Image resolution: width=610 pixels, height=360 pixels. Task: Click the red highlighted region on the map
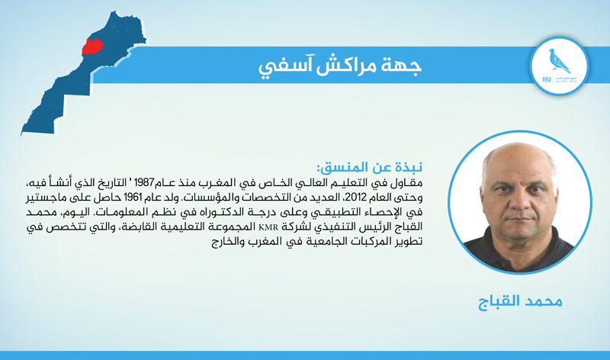coord(91,47)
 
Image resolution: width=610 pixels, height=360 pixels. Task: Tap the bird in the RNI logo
coord(559,61)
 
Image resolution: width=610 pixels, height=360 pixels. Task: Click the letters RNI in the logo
coord(547,80)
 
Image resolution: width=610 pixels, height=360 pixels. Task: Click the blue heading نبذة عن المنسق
coord(370,167)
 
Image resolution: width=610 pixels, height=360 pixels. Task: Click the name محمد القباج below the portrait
coord(520,301)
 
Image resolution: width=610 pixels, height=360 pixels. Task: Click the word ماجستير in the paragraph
coord(47,198)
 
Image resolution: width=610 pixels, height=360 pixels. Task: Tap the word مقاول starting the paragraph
coord(408,183)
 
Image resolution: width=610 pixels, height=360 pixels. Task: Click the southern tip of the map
coord(22,135)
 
